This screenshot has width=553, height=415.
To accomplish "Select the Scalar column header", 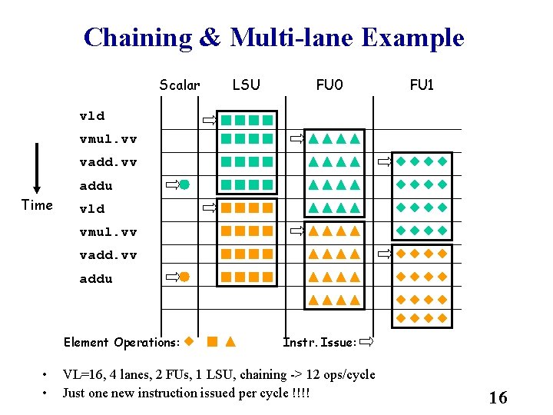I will pyautogui.click(x=180, y=85).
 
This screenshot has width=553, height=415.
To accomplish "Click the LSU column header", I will pyautogui.click(x=246, y=85).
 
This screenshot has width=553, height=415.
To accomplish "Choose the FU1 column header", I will pyautogui.click(x=422, y=85).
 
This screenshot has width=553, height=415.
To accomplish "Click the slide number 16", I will pyautogui.click(x=498, y=397).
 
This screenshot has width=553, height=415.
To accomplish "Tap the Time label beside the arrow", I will pyautogui.click(x=37, y=205).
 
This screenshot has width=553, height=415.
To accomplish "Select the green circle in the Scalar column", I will pyautogui.click(x=184, y=184).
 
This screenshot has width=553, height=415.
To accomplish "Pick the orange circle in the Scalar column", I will pyautogui.click(x=184, y=277).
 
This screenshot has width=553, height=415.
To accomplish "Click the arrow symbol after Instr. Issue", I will pyautogui.click(x=368, y=341).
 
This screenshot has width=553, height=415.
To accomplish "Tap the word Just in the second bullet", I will pyautogui.click(x=75, y=393).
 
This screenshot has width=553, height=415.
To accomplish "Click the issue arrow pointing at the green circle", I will pyautogui.click(x=172, y=184).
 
